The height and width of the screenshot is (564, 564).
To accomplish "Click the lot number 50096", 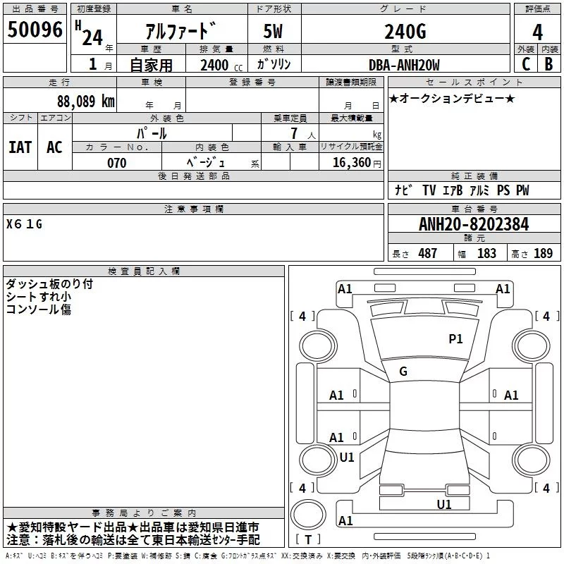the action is pos(35,30).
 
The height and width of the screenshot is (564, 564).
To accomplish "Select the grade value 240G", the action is pos(405,32).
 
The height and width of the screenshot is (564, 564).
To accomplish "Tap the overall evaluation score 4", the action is pos(537,32).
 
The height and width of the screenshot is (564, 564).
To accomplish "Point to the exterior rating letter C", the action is pos(526,64).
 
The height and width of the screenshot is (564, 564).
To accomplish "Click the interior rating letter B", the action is pos(548,64).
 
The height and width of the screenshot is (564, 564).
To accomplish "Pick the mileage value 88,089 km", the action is pos(86,102).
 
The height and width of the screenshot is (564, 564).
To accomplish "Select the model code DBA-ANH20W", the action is pos(404,65).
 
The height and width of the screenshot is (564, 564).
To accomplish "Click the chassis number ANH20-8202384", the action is pos(474,224).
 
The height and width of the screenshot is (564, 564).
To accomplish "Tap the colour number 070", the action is pos(116,163).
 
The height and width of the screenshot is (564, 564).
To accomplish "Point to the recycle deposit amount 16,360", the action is pos(352,163).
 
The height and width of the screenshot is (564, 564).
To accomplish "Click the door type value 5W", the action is pos(273,31).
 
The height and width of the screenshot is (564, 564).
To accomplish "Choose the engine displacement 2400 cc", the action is pos(221,66).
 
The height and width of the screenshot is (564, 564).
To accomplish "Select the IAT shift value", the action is pos(20,147).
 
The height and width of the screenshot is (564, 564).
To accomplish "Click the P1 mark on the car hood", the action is pos(455,338).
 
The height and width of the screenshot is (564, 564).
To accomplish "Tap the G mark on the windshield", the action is pos(403,372).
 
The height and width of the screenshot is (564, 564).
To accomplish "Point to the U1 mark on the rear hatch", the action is pos(444,505).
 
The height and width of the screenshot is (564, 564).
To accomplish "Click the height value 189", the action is pos(543,253).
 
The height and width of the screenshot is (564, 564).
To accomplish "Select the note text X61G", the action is pos(24,224).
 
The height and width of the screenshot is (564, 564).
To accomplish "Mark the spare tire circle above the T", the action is pos(308,515).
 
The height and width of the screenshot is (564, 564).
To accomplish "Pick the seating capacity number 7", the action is pos(294,133).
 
